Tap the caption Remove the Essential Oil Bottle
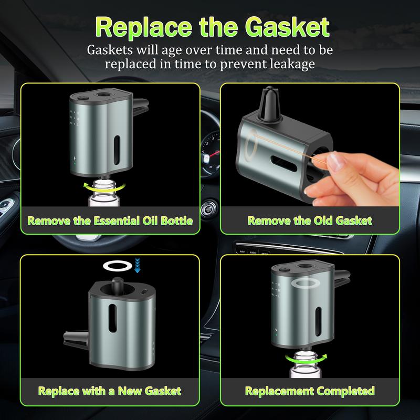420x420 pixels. click(x=110, y=220)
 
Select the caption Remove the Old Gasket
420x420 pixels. click(x=310, y=220)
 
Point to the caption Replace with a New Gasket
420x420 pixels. click(x=110, y=391)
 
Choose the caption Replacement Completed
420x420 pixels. click(x=310, y=391)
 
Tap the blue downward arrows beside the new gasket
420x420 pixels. click(x=138, y=265)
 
